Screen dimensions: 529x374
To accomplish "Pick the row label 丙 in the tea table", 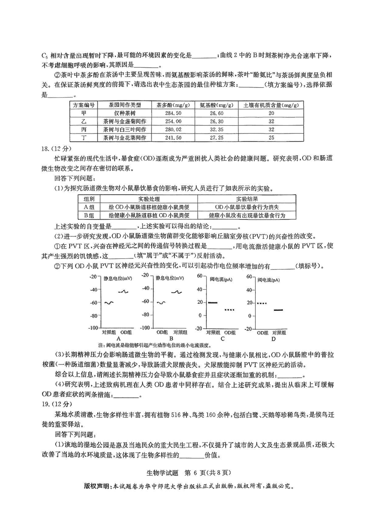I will [84, 129].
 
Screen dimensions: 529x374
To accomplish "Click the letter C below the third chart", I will [222, 338].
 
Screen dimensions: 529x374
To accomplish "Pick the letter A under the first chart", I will [119, 338].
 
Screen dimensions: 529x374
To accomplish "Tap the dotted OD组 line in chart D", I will [261, 303].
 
